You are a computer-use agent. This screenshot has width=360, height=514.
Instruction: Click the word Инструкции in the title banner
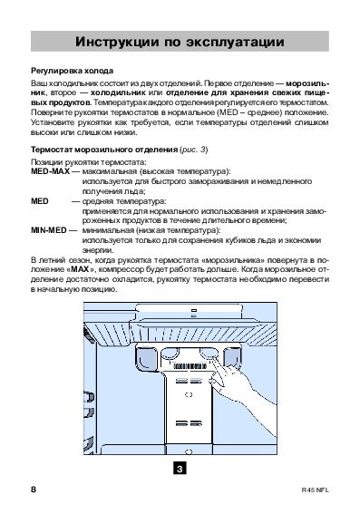117,42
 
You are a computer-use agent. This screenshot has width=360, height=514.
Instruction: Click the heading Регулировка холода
73,71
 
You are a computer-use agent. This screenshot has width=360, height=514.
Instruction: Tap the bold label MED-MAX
50,171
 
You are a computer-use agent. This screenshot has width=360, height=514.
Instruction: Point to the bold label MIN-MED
49,230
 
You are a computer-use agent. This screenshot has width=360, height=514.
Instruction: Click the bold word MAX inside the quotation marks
80,270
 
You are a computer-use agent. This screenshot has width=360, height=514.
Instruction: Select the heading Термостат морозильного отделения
104,150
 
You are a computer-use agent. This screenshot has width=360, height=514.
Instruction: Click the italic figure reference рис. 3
194,150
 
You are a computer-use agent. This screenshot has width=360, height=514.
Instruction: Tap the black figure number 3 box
180,469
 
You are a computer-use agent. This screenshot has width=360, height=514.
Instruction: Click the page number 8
34,490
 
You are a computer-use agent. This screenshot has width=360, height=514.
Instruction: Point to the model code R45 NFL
315,490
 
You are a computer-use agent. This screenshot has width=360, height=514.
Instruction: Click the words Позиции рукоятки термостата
89,162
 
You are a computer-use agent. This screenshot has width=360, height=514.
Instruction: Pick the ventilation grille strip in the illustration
190,366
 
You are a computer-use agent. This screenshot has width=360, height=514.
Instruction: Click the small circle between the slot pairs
189,394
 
